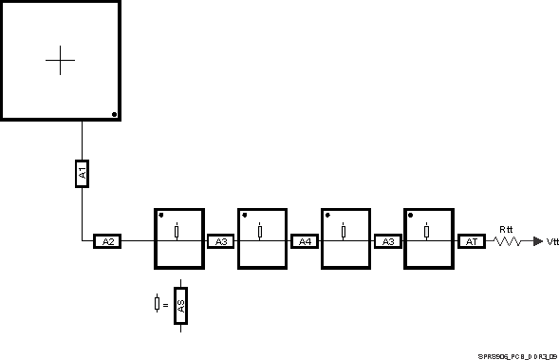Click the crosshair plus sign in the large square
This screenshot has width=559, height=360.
pos(60,60)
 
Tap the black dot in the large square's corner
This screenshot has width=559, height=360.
pos(114,114)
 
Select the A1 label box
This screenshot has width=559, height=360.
pos(82,173)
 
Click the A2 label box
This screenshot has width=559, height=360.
pos(107,241)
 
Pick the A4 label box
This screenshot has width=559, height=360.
pos(305,241)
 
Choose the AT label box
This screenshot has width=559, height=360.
pos(472,241)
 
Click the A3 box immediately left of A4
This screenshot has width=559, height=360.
pos(221,241)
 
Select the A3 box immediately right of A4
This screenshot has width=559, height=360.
pos(388,241)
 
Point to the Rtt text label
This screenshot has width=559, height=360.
pos(507,229)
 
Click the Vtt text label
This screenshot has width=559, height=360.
pos(552,242)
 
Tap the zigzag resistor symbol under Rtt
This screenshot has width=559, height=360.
pos(506,241)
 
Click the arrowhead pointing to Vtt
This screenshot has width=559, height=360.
pos(538,241)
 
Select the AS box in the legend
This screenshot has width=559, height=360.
pos(180,305)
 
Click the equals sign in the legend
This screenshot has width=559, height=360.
pos(165,305)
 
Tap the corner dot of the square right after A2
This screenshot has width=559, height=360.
pos(160,215)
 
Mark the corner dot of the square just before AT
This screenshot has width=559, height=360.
pos(411,215)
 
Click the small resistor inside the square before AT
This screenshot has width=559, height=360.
pos(426,231)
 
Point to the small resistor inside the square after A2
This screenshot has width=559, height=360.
pos(177,231)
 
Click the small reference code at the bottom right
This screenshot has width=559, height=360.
pos(518,352)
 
